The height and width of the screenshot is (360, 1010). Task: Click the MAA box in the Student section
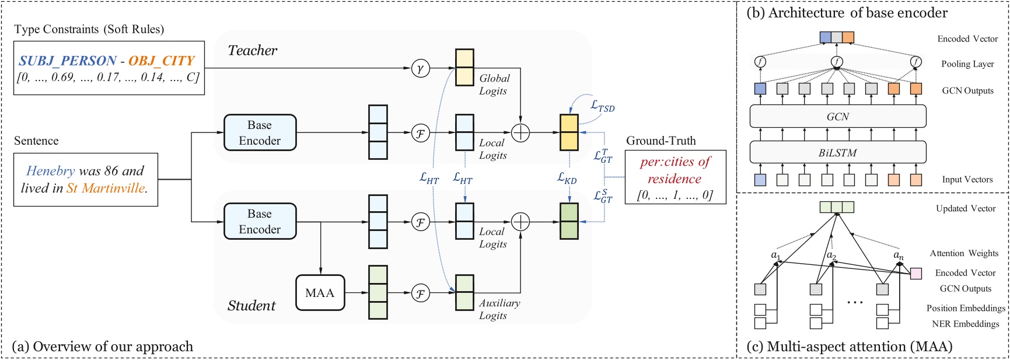(320, 292)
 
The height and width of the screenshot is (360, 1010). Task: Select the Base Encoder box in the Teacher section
(260, 132)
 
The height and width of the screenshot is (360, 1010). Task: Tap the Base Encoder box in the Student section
(260, 221)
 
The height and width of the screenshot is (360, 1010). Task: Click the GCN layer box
(838, 117)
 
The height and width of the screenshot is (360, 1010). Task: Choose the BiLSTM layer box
(838, 152)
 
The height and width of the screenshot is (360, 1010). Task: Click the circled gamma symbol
(420, 68)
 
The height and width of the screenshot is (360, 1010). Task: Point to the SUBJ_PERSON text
(68, 60)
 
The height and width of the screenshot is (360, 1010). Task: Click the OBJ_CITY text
(162, 60)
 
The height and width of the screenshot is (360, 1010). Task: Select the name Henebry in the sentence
(50, 171)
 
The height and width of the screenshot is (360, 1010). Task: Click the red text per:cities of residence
(675, 170)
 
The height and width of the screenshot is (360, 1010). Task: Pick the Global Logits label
(494, 85)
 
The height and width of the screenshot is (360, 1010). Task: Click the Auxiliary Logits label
(499, 309)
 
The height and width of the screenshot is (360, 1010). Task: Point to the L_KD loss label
(567, 178)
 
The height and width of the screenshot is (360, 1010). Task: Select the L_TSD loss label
(603, 106)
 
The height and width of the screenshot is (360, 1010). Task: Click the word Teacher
(252, 51)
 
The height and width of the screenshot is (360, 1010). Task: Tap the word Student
(251, 306)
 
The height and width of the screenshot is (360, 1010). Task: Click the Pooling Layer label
(967, 64)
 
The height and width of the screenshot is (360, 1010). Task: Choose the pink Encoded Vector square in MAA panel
(916, 273)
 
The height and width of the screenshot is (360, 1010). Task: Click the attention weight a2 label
(831, 256)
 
